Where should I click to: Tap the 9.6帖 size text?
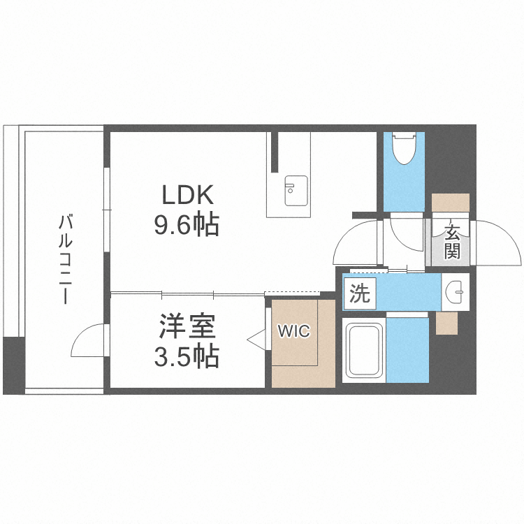[187, 225]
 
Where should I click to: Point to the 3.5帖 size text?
[187, 357]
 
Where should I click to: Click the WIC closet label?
[293, 332]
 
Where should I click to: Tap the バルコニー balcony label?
[66, 259]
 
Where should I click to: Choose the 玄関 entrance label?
[451, 242]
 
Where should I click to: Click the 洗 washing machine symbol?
[359, 293]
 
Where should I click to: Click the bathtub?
[364, 351]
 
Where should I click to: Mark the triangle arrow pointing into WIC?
[256, 340]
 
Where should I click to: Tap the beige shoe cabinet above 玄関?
[451, 203]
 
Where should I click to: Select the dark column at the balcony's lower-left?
[13, 365]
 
